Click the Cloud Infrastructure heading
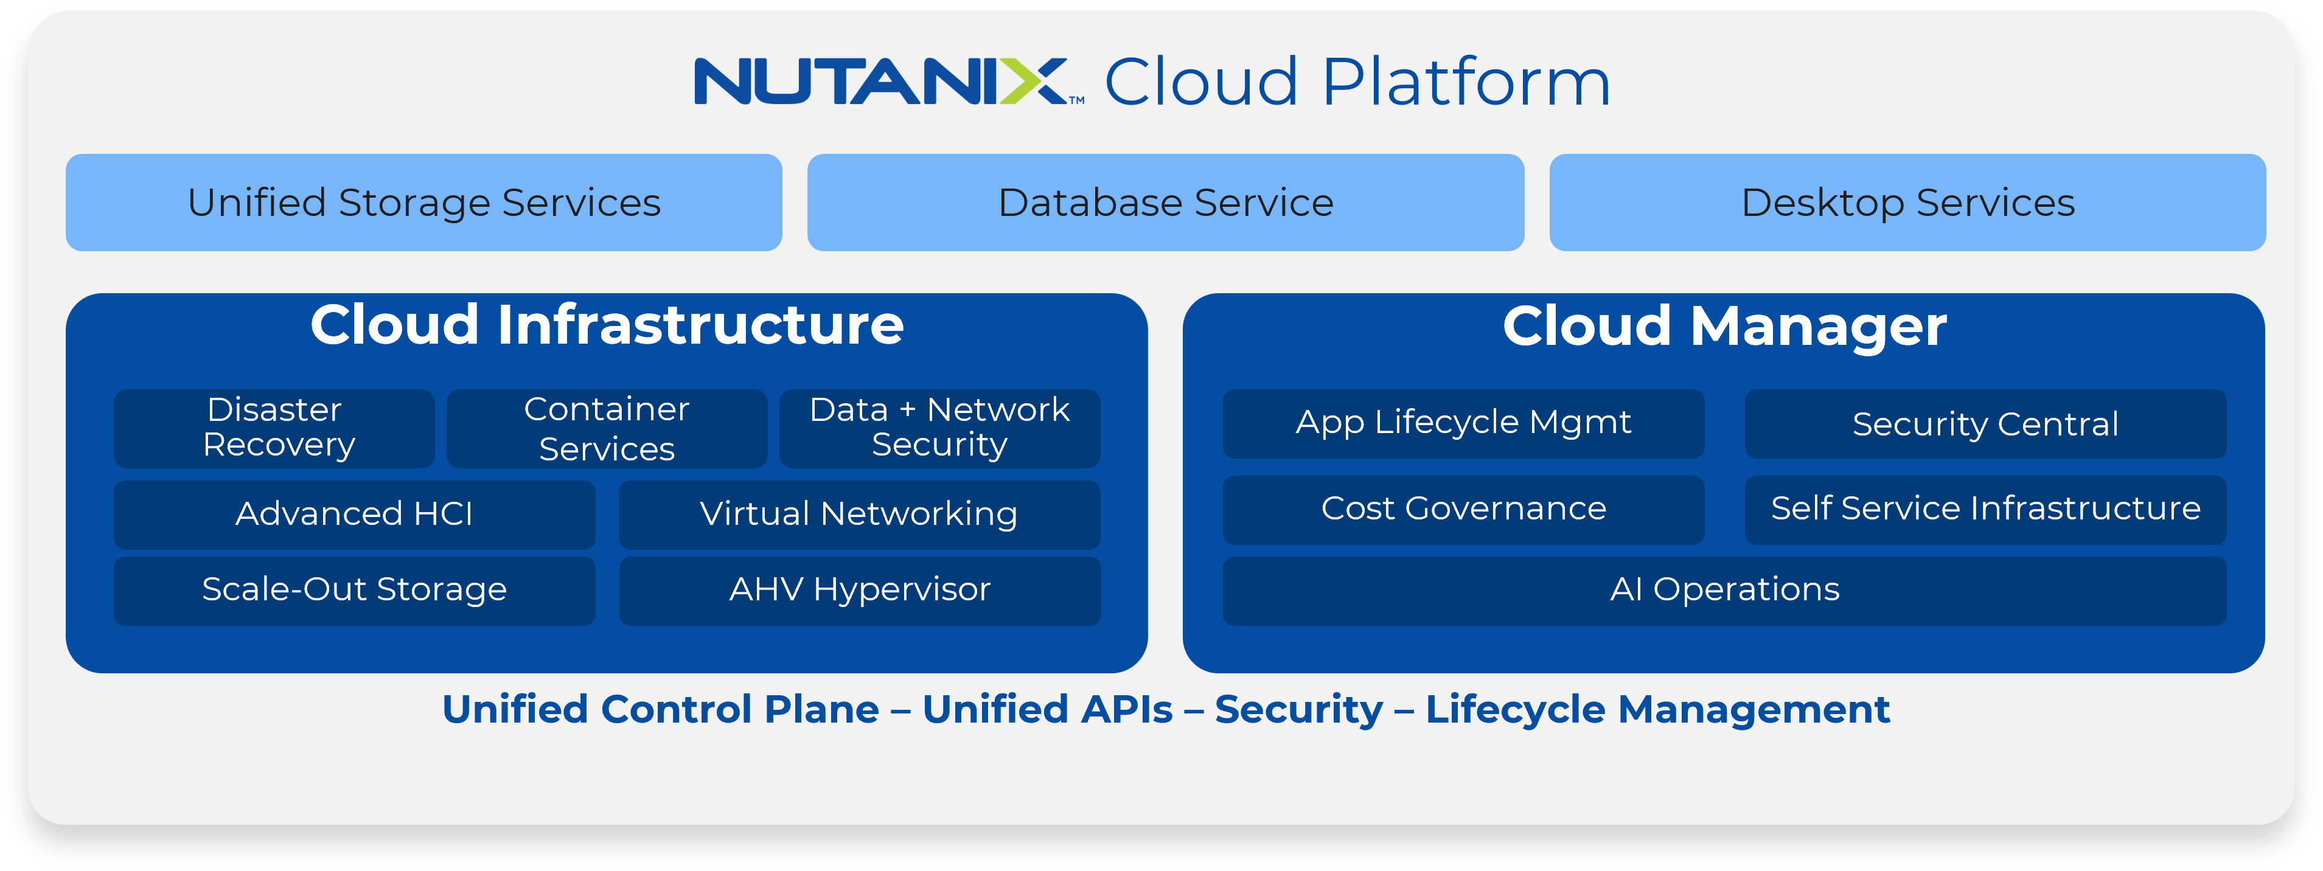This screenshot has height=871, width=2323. (x=607, y=325)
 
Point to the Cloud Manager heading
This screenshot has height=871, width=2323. (x=1724, y=325)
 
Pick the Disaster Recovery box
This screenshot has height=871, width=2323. (x=274, y=428)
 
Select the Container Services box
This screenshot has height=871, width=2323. (x=607, y=428)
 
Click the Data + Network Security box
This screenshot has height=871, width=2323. (x=939, y=428)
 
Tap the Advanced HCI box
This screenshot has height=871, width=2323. (x=354, y=514)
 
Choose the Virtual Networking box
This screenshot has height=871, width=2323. (x=858, y=514)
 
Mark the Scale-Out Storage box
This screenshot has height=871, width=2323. (x=354, y=589)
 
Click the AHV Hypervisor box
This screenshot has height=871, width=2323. (x=859, y=589)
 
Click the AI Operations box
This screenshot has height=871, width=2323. (x=1724, y=589)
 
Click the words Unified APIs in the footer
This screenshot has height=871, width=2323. (x=1047, y=710)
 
